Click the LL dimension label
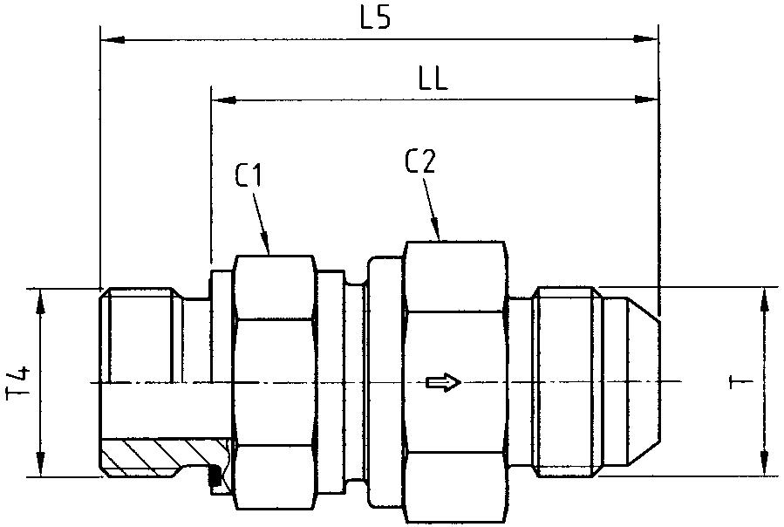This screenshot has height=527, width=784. point(433,81)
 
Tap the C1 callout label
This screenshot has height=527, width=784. point(249,176)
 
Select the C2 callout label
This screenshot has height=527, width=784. point(420,161)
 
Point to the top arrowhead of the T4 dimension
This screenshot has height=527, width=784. point(40,297)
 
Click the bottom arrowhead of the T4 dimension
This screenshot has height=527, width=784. point(40,469)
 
